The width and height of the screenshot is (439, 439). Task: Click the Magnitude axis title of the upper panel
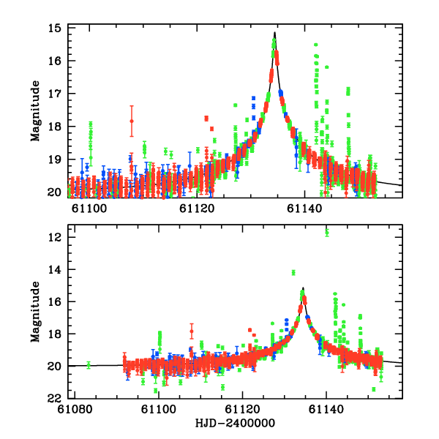point(35,111)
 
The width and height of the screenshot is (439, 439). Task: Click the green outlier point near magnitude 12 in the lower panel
point(327,233)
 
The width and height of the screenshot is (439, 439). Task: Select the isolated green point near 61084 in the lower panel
point(89,364)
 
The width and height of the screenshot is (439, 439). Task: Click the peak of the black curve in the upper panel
point(274,32)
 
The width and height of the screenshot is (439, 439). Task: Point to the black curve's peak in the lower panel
point(303,288)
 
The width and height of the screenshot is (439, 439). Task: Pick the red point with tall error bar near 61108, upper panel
point(132,121)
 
